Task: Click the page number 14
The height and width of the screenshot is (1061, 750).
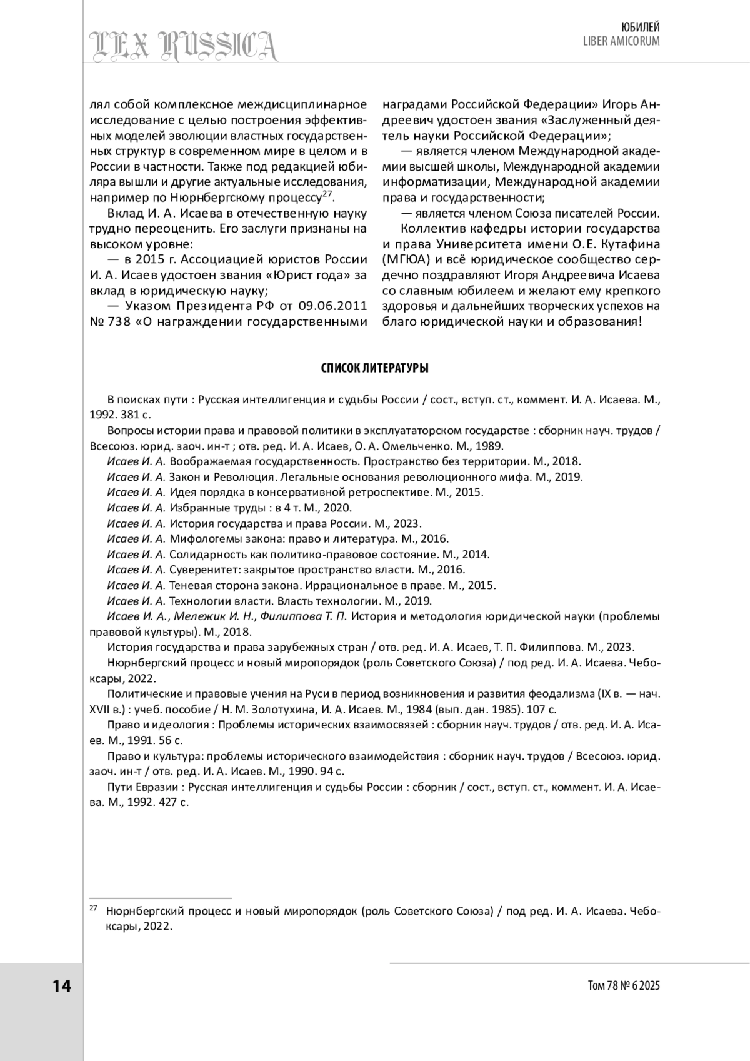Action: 62,986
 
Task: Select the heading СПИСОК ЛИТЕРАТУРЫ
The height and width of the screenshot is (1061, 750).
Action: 374,368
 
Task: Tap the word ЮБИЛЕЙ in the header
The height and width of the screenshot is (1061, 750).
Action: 641,27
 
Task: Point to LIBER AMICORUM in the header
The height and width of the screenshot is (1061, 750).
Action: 621,41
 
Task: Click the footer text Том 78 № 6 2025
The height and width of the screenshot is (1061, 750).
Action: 624,986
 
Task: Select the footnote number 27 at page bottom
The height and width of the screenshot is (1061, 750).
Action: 92,908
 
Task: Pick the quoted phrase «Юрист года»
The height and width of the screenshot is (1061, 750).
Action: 315,275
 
